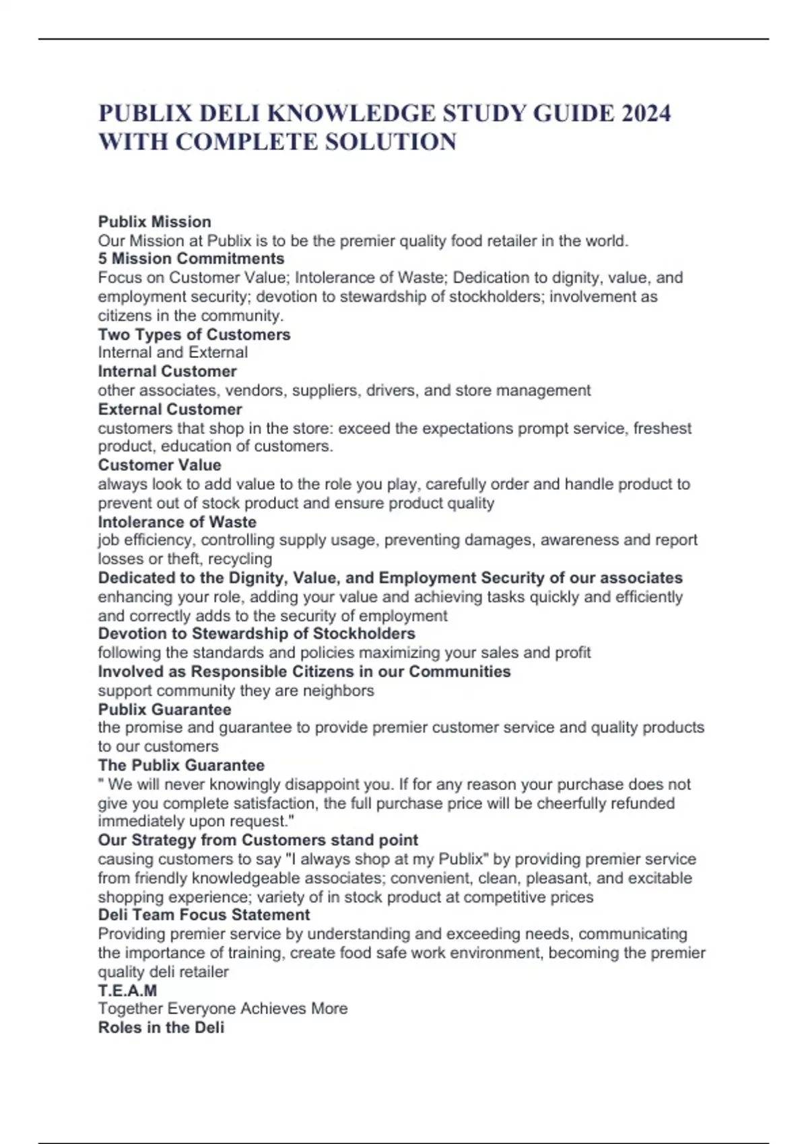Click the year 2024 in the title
pyautogui.click(x=646, y=113)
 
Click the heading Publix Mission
pyautogui.click(x=154, y=222)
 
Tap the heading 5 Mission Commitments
pyautogui.click(x=191, y=259)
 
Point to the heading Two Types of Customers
pyautogui.click(x=194, y=334)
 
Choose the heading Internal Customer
pyautogui.click(x=167, y=371)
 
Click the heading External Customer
pyautogui.click(x=170, y=409)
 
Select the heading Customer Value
pyautogui.click(x=160, y=465)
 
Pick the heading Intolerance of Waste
pyautogui.click(x=177, y=522)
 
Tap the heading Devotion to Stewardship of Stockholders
pyautogui.click(x=257, y=634)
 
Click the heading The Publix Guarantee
pyautogui.click(x=181, y=765)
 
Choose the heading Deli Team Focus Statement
pyautogui.click(x=204, y=915)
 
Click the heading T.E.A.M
pyautogui.click(x=127, y=991)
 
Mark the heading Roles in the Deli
pyautogui.click(x=161, y=1028)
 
